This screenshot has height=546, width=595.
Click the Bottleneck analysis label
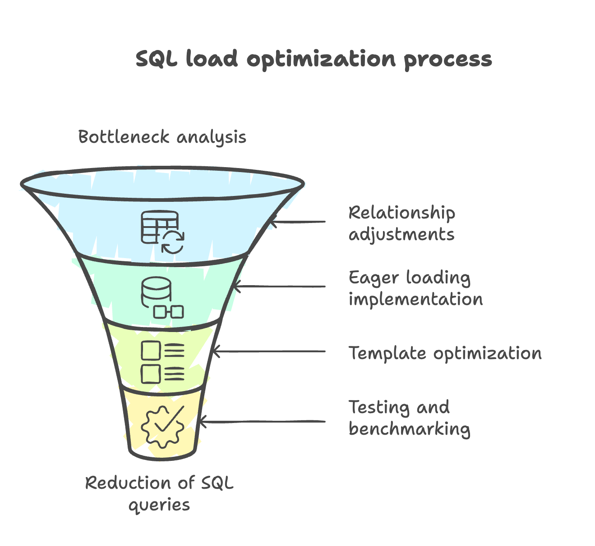tap(162, 137)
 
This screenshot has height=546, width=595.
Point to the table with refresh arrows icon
tap(162, 232)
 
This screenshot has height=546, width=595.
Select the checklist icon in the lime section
tap(162, 362)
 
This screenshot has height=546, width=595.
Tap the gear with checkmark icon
tap(162, 426)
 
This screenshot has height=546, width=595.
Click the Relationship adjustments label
tap(401, 223)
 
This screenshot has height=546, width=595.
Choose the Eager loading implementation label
tap(415, 288)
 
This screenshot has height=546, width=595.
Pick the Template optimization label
tap(445, 353)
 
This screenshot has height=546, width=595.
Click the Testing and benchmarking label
tap(409, 418)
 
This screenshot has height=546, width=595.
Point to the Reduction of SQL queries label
tap(159, 494)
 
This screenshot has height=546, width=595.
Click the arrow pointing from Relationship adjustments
tap(298, 222)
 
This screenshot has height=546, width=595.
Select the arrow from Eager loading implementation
tap(280, 287)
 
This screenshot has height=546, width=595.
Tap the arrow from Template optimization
tap(269, 351)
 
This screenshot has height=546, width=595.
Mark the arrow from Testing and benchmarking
tap(262, 422)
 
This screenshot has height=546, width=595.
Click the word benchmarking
tap(409, 429)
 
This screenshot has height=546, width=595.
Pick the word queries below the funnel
tap(159, 505)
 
